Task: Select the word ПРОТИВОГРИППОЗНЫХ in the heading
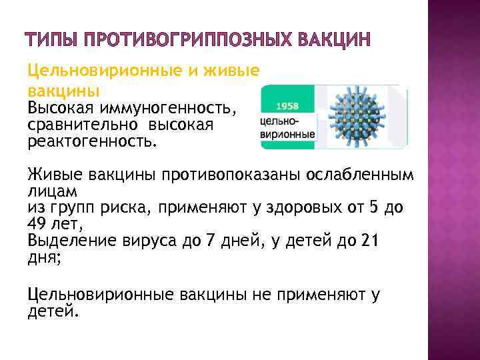(x=184, y=41)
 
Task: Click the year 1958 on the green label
(x=287, y=106)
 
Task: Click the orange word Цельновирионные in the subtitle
(x=94, y=71)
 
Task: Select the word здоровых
(x=294, y=208)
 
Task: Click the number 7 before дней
(x=213, y=241)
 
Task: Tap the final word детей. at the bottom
(x=53, y=310)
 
